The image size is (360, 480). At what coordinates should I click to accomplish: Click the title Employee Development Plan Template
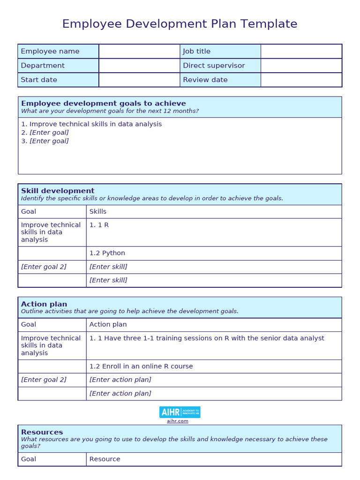(x=180, y=24)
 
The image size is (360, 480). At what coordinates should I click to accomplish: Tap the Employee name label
(x=50, y=52)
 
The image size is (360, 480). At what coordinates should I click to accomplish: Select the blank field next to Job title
(x=301, y=52)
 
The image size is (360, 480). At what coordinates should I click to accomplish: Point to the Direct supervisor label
(x=214, y=66)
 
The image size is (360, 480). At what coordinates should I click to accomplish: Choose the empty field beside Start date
(x=139, y=80)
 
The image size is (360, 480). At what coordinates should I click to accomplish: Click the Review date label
(x=205, y=80)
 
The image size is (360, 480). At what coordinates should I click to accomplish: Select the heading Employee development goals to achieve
(x=104, y=104)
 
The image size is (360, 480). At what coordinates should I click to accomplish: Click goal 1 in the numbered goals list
(x=91, y=124)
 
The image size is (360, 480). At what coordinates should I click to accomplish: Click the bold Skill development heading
(x=58, y=191)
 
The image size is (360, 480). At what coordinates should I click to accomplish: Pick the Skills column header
(x=98, y=211)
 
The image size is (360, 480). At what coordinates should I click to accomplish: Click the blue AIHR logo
(x=180, y=412)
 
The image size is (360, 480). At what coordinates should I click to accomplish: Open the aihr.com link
(x=178, y=421)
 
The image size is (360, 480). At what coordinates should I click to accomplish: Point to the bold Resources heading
(x=42, y=432)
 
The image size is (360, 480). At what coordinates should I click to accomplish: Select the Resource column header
(x=105, y=459)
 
